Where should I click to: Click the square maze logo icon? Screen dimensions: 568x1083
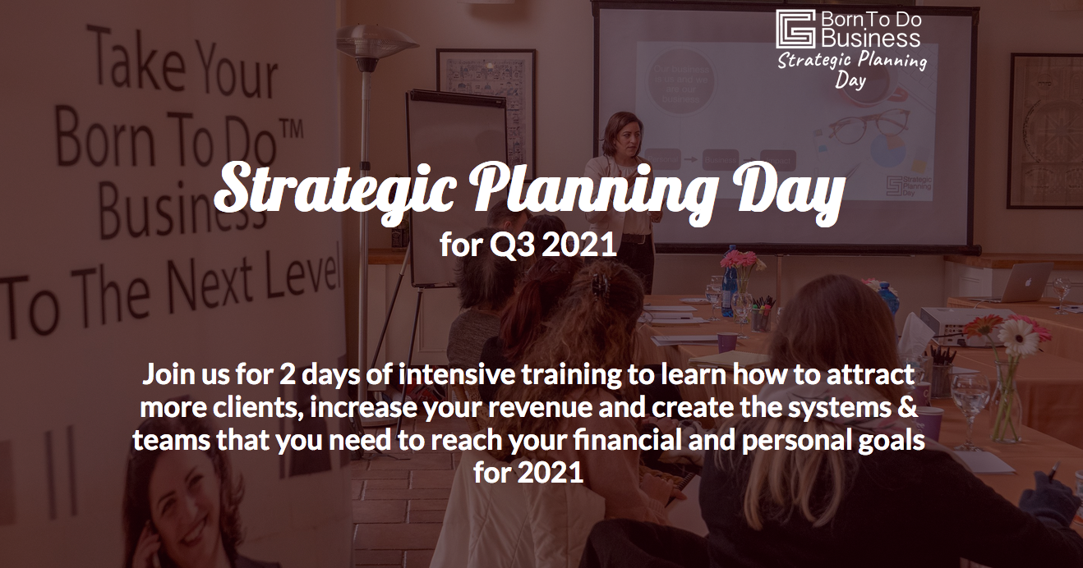point(795,30)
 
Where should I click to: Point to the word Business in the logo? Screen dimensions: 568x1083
point(870,38)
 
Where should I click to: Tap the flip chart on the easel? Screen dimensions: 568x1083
point(456,140)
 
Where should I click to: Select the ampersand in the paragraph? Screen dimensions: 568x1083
point(909,409)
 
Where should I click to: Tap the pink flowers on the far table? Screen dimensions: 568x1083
point(739,262)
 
